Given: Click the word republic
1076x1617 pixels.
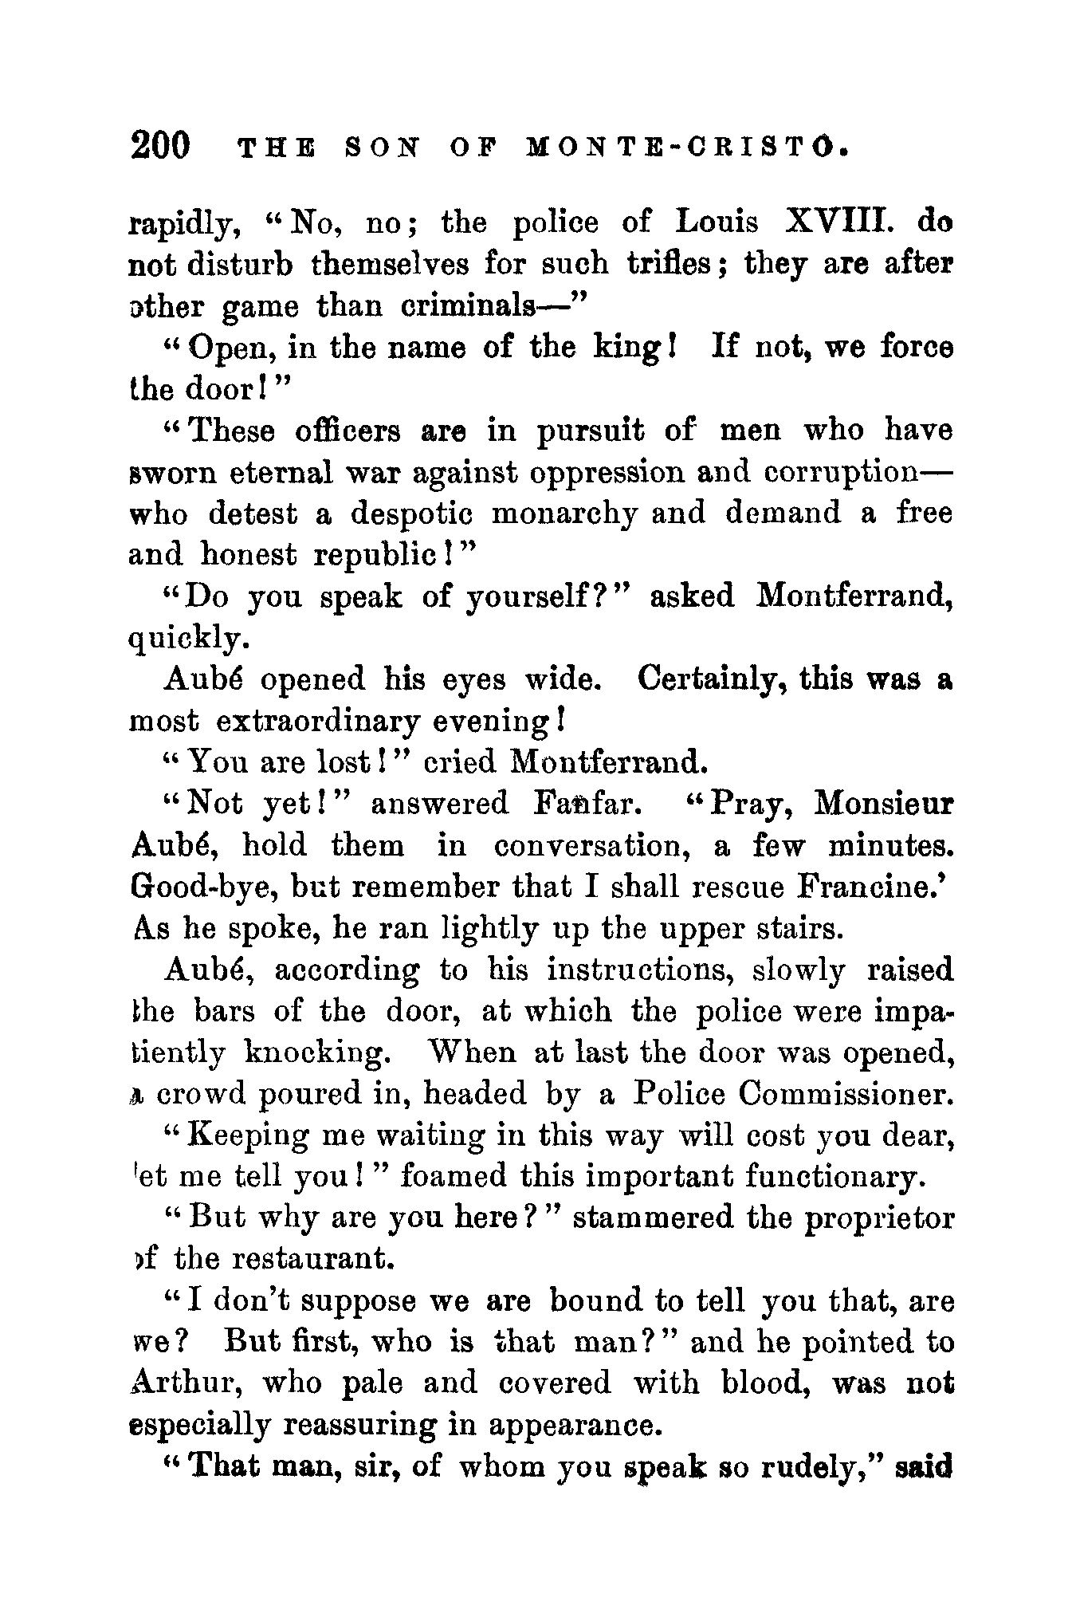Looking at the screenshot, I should (374, 555).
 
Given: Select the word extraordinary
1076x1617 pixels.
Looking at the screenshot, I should (318, 721).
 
